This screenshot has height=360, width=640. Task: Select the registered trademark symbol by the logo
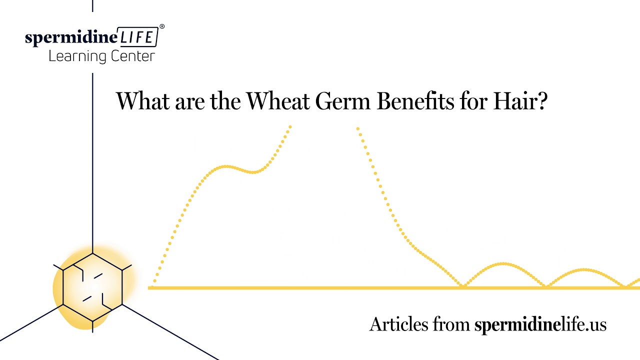161,26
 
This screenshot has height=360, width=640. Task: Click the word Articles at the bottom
398,324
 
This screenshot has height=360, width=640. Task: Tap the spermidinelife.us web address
540,324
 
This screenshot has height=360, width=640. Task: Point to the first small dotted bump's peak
503,263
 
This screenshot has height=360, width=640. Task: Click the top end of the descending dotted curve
358,129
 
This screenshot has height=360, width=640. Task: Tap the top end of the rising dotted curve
290,126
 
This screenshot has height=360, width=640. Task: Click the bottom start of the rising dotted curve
154,282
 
